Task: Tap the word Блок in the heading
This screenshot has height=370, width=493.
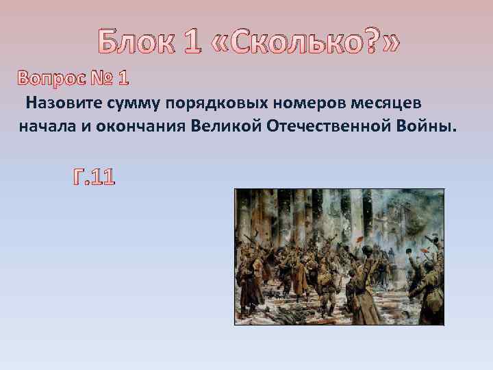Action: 133,43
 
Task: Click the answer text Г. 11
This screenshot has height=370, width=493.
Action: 94,178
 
